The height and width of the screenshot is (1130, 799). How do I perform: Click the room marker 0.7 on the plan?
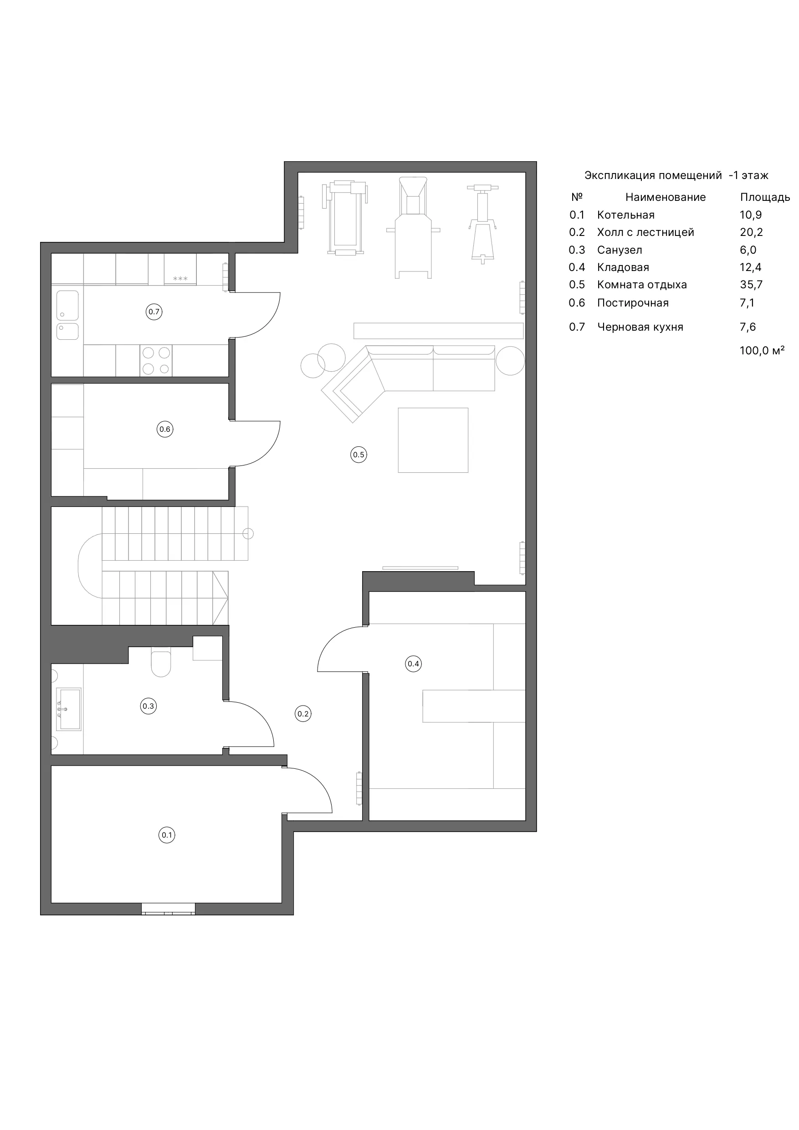[154, 312]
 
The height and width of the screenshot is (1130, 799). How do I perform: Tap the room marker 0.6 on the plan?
[165, 429]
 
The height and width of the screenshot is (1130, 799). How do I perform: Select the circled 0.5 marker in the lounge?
[359, 455]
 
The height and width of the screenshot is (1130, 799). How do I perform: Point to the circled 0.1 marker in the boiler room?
[167, 835]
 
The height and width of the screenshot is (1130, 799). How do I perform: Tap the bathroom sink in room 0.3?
[68, 709]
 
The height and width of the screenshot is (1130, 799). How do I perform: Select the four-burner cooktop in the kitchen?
[156, 361]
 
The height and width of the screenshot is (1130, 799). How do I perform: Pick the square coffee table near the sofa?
[433, 440]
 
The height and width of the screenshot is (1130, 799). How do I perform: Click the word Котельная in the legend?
[626, 215]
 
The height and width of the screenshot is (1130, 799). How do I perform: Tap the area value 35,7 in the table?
[751, 285]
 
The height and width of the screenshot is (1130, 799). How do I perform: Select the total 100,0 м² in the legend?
[762, 350]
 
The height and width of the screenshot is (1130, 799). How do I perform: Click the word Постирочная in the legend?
[633, 303]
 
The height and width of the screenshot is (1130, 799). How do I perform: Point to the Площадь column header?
[765, 197]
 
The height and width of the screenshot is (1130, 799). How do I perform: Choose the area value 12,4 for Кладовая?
[751, 267]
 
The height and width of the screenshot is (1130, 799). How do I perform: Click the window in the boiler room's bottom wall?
[169, 909]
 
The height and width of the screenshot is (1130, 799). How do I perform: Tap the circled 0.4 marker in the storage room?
[414, 664]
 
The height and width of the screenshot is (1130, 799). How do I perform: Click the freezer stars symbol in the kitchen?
[180, 279]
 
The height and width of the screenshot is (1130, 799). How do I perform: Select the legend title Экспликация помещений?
[653, 176]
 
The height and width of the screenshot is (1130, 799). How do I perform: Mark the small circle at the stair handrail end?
[248, 533]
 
